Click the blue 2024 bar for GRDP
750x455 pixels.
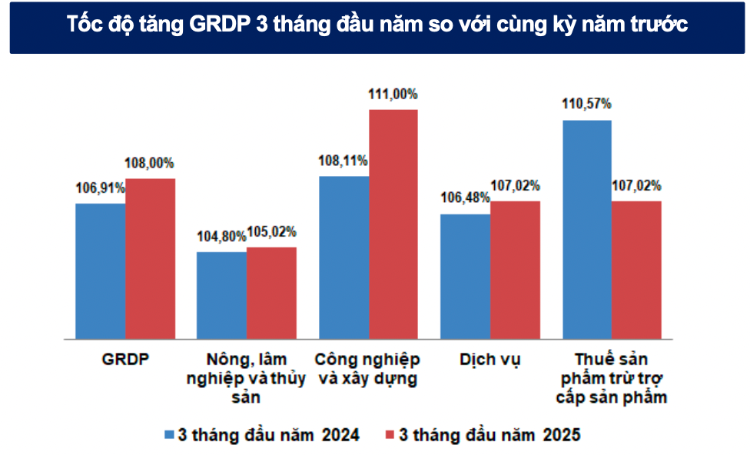coord(101,271)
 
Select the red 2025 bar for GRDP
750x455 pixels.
coord(151,258)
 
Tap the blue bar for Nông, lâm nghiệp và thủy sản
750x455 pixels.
coord(222,295)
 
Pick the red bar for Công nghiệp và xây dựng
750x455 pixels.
coord(393,224)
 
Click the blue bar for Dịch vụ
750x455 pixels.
coord(465,276)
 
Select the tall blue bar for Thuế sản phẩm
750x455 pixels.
coord(587,229)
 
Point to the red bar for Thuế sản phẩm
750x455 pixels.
coord(637,270)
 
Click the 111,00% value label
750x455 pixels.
coord(393,95)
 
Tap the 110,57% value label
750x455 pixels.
coord(586,104)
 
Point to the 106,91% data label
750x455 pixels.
coord(100,188)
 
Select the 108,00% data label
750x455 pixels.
coord(150,163)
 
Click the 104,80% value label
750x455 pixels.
coord(222,237)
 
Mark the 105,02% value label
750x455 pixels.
coord(271,231)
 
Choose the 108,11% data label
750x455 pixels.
coord(343,161)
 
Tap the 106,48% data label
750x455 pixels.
coord(465,198)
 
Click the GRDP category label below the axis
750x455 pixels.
coord(125,360)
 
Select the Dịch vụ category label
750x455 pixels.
coord(489,360)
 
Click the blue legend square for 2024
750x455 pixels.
coord(169,435)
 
